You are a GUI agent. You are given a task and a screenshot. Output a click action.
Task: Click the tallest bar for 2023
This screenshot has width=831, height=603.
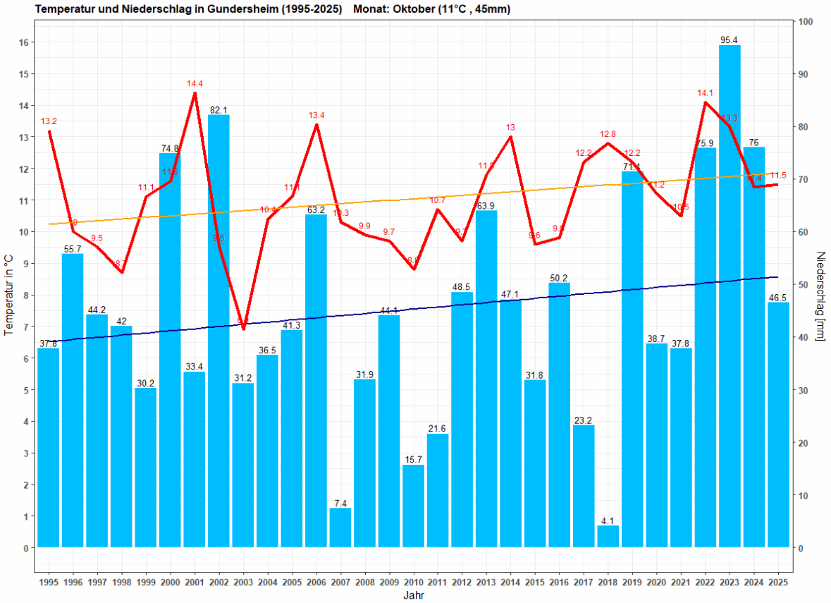[730, 296]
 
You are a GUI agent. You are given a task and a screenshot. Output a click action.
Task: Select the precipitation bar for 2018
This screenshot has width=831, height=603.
[608, 537]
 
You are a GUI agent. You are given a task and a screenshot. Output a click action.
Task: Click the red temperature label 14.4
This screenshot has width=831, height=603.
[195, 84]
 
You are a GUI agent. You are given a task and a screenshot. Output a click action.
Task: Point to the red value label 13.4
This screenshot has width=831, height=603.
[316, 115]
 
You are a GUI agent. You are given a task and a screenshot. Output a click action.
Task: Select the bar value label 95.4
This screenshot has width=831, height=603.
[730, 40]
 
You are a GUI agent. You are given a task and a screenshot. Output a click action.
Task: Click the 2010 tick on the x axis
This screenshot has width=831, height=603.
[414, 583]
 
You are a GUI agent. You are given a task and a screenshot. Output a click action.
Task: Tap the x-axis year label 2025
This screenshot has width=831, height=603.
[778, 583]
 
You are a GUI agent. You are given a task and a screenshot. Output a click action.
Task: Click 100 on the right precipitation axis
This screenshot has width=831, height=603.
[805, 22]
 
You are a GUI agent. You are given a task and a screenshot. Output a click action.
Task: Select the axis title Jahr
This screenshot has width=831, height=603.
[414, 595]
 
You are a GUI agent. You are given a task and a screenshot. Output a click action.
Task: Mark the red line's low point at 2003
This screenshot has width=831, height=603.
[243, 329]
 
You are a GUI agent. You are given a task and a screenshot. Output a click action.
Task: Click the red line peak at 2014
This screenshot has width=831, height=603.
[510, 136]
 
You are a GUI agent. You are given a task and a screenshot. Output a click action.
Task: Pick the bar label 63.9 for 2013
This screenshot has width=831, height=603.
[486, 206]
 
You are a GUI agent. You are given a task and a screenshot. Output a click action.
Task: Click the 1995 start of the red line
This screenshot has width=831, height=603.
[49, 131]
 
